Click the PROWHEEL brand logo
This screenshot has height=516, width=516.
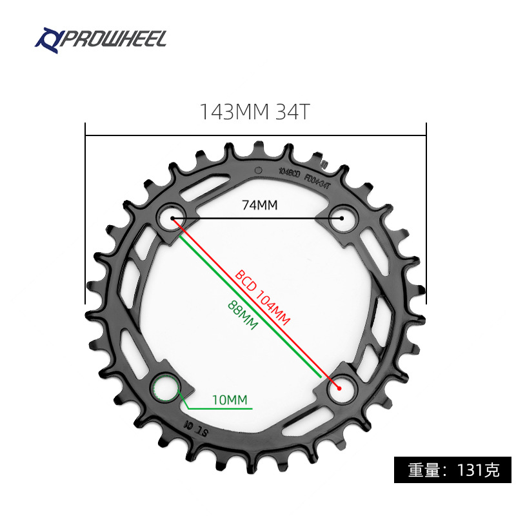coord(101,39)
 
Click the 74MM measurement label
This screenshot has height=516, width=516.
coord(259,205)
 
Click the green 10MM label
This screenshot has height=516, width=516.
coord(230,400)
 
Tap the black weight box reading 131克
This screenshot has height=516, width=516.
coord(453,469)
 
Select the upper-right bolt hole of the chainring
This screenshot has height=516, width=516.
coord(341,218)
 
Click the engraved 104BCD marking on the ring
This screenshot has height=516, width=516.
coord(288,172)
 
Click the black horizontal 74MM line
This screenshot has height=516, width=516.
coord(258,219)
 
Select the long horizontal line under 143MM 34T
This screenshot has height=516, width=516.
coord(255,135)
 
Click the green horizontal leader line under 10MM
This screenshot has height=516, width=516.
coord(219,409)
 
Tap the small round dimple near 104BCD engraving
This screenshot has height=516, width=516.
coord(258,170)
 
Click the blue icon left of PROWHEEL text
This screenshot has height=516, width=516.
coord(47,39)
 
